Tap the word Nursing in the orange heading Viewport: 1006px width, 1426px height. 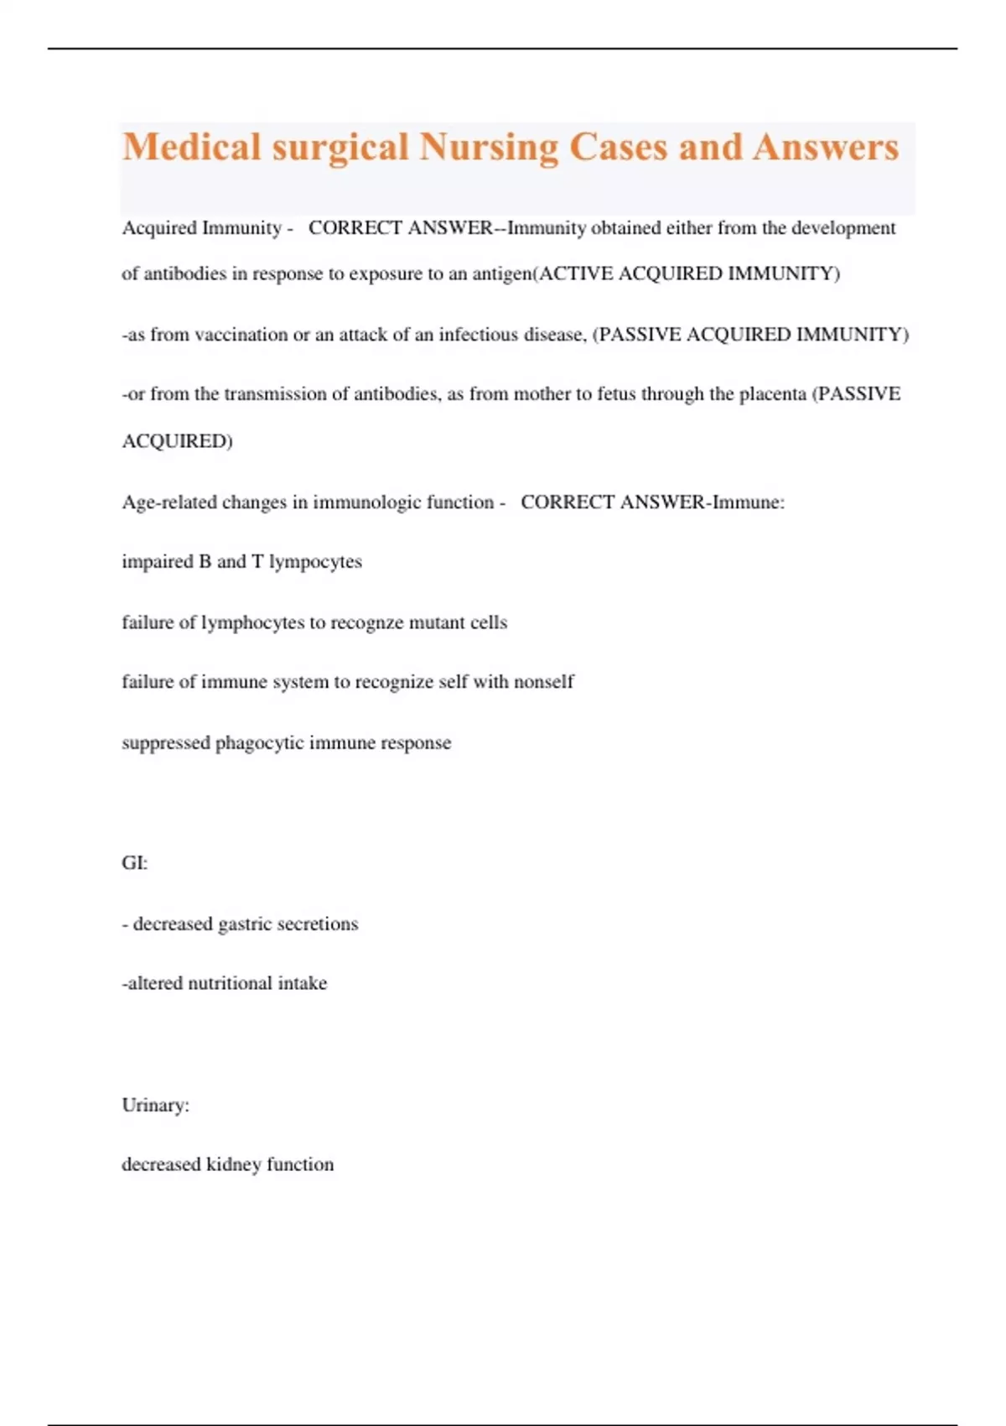coord(489,148)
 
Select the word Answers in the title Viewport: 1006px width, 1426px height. coord(826,148)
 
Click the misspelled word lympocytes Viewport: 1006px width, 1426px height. coord(315,562)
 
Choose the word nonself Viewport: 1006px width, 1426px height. coord(543,682)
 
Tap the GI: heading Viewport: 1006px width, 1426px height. coord(134,863)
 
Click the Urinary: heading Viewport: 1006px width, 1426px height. coord(155,1106)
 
